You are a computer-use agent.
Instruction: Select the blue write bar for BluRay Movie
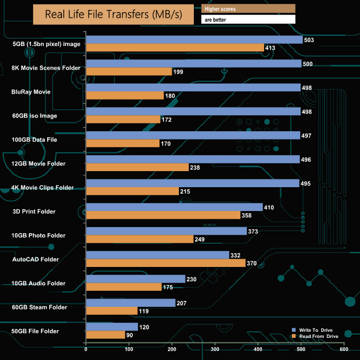193,88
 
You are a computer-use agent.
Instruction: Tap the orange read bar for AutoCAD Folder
166,263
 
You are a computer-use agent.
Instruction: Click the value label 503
310,40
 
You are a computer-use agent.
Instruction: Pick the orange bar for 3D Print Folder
163,215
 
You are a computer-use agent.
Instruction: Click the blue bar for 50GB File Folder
111,327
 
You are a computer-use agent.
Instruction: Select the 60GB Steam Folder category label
39,307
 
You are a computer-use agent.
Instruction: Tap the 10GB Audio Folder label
39,283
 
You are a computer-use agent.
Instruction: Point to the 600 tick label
344,350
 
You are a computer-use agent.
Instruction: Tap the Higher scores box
248,8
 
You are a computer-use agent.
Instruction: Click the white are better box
248,19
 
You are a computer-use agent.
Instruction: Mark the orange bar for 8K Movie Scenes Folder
128,71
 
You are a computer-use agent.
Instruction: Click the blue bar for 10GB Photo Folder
166,231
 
